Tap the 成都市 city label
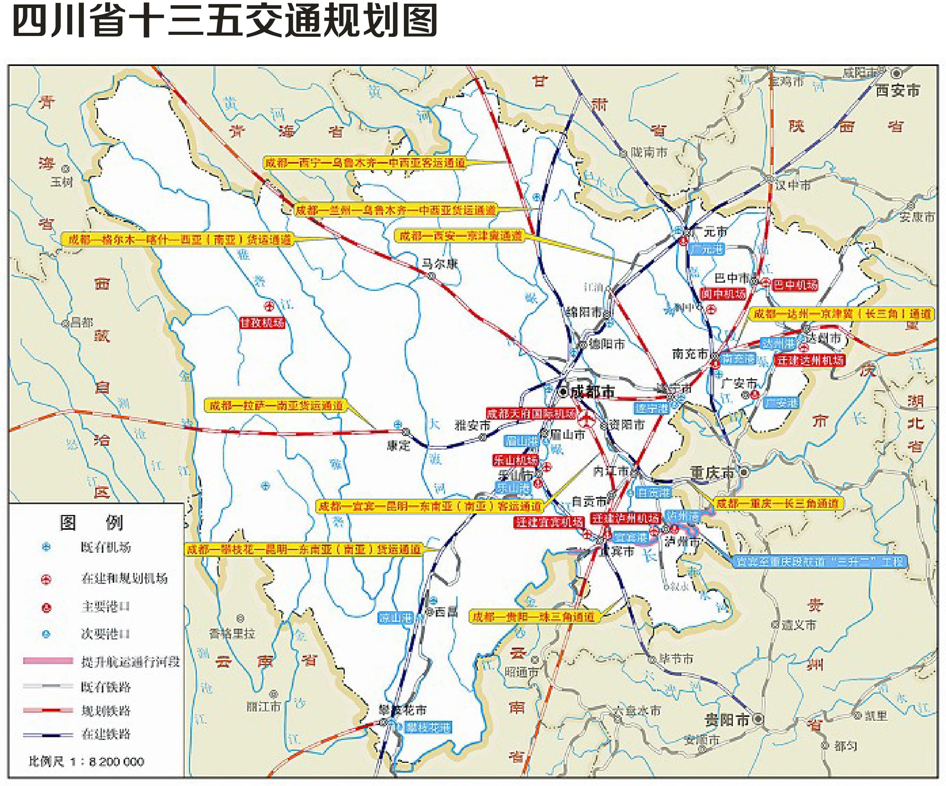(x=592, y=392)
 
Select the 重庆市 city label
(x=712, y=472)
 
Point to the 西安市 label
(x=897, y=90)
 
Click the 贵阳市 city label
(x=727, y=720)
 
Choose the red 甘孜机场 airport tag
(x=262, y=323)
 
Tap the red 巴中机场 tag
(x=795, y=285)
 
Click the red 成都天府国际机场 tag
(x=531, y=414)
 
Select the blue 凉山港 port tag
(x=395, y=618)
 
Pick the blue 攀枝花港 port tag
(x=428, y=727)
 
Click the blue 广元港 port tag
(x=706, y=249)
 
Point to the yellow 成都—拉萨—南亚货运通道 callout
(x=276, y=406)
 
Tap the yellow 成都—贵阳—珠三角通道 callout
(x=534, y=616)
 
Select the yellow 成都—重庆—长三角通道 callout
(x=778, y=503)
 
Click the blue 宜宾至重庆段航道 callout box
(x=819, y=561)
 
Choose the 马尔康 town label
(x=439, y=264)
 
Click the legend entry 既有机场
(x=105, y=547)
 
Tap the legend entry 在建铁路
(x=105, y=734)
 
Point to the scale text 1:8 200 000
(x=107, y=761)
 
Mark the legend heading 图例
(x=91, y=522)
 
